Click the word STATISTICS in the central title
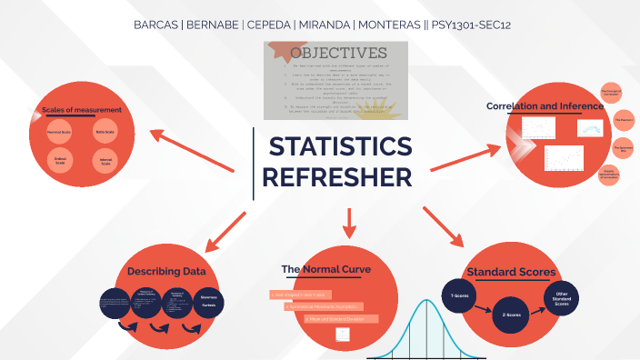[340, 147]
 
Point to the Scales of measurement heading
[82, 111]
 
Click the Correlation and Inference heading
[545, 106]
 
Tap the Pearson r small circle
[623, 121]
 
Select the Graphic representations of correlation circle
[610, 175]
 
